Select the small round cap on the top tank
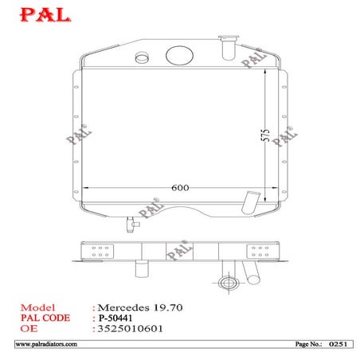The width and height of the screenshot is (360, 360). pos(143,58)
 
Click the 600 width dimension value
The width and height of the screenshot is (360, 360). pos(179,188)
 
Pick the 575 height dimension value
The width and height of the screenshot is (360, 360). pos(265,135)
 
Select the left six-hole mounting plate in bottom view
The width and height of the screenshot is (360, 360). pos(101,253)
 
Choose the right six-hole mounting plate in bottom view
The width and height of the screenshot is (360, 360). pos(259,253)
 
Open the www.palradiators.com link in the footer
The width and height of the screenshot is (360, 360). pos(46,344)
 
